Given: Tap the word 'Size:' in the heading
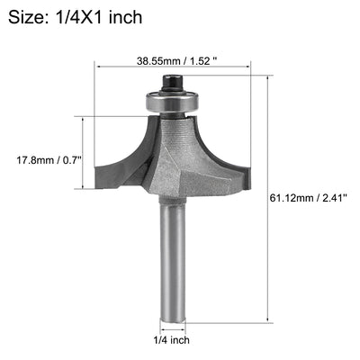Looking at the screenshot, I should tap(27, 16).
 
